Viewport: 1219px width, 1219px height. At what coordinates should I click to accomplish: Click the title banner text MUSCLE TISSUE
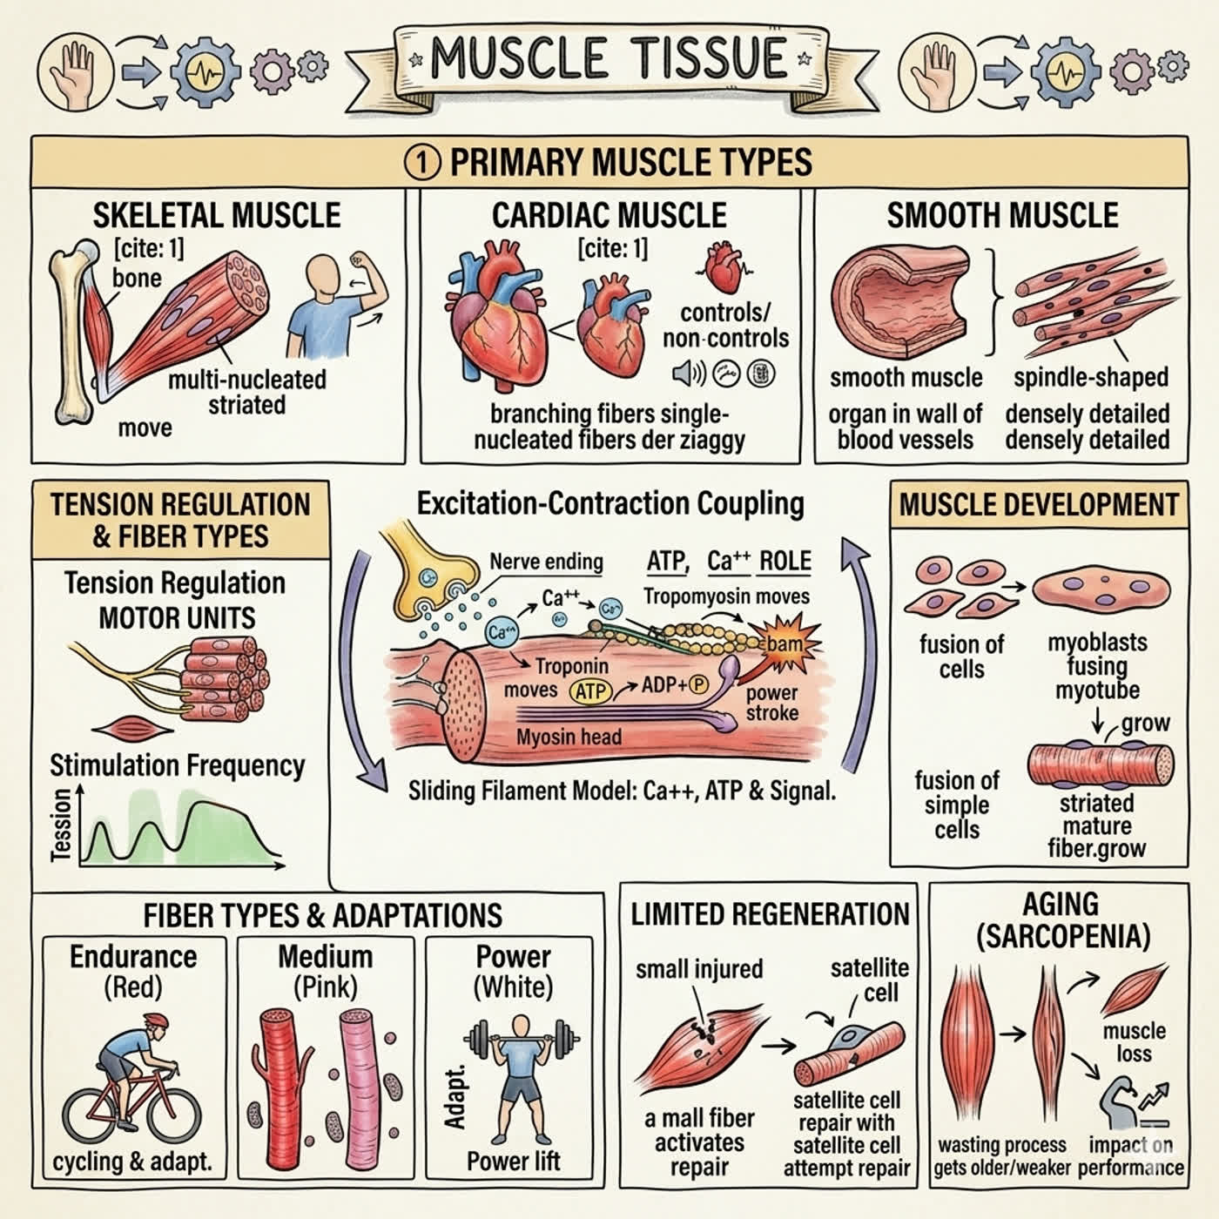click(609, 58)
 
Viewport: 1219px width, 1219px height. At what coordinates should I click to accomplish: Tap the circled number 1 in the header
click(421, 163)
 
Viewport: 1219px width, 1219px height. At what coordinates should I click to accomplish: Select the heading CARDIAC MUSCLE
click(609, 216)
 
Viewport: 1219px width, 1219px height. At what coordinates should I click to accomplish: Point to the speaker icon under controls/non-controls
click(688, 374)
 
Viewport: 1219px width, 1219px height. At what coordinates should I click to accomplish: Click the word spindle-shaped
click(1091, 378)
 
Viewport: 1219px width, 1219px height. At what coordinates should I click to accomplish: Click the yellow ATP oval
click(591, 691)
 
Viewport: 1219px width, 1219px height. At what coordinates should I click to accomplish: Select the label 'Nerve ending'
click(547, 562)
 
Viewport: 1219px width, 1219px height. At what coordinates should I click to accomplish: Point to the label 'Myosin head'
click(569, 737)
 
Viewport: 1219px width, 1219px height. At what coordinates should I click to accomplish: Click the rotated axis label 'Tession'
click(61, 825)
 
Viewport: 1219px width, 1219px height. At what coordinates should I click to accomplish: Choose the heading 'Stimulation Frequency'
click(177, 766)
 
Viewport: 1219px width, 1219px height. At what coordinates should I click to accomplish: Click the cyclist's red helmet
click(156, 1020)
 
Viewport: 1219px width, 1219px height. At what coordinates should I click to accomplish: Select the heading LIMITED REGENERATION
click(770, 914)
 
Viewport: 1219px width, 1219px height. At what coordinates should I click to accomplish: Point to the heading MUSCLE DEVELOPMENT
click(1039, 505)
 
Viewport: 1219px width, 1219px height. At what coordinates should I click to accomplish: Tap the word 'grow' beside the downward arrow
click(1146, 723)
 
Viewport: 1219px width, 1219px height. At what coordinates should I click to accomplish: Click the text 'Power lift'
click(513, 1162)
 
